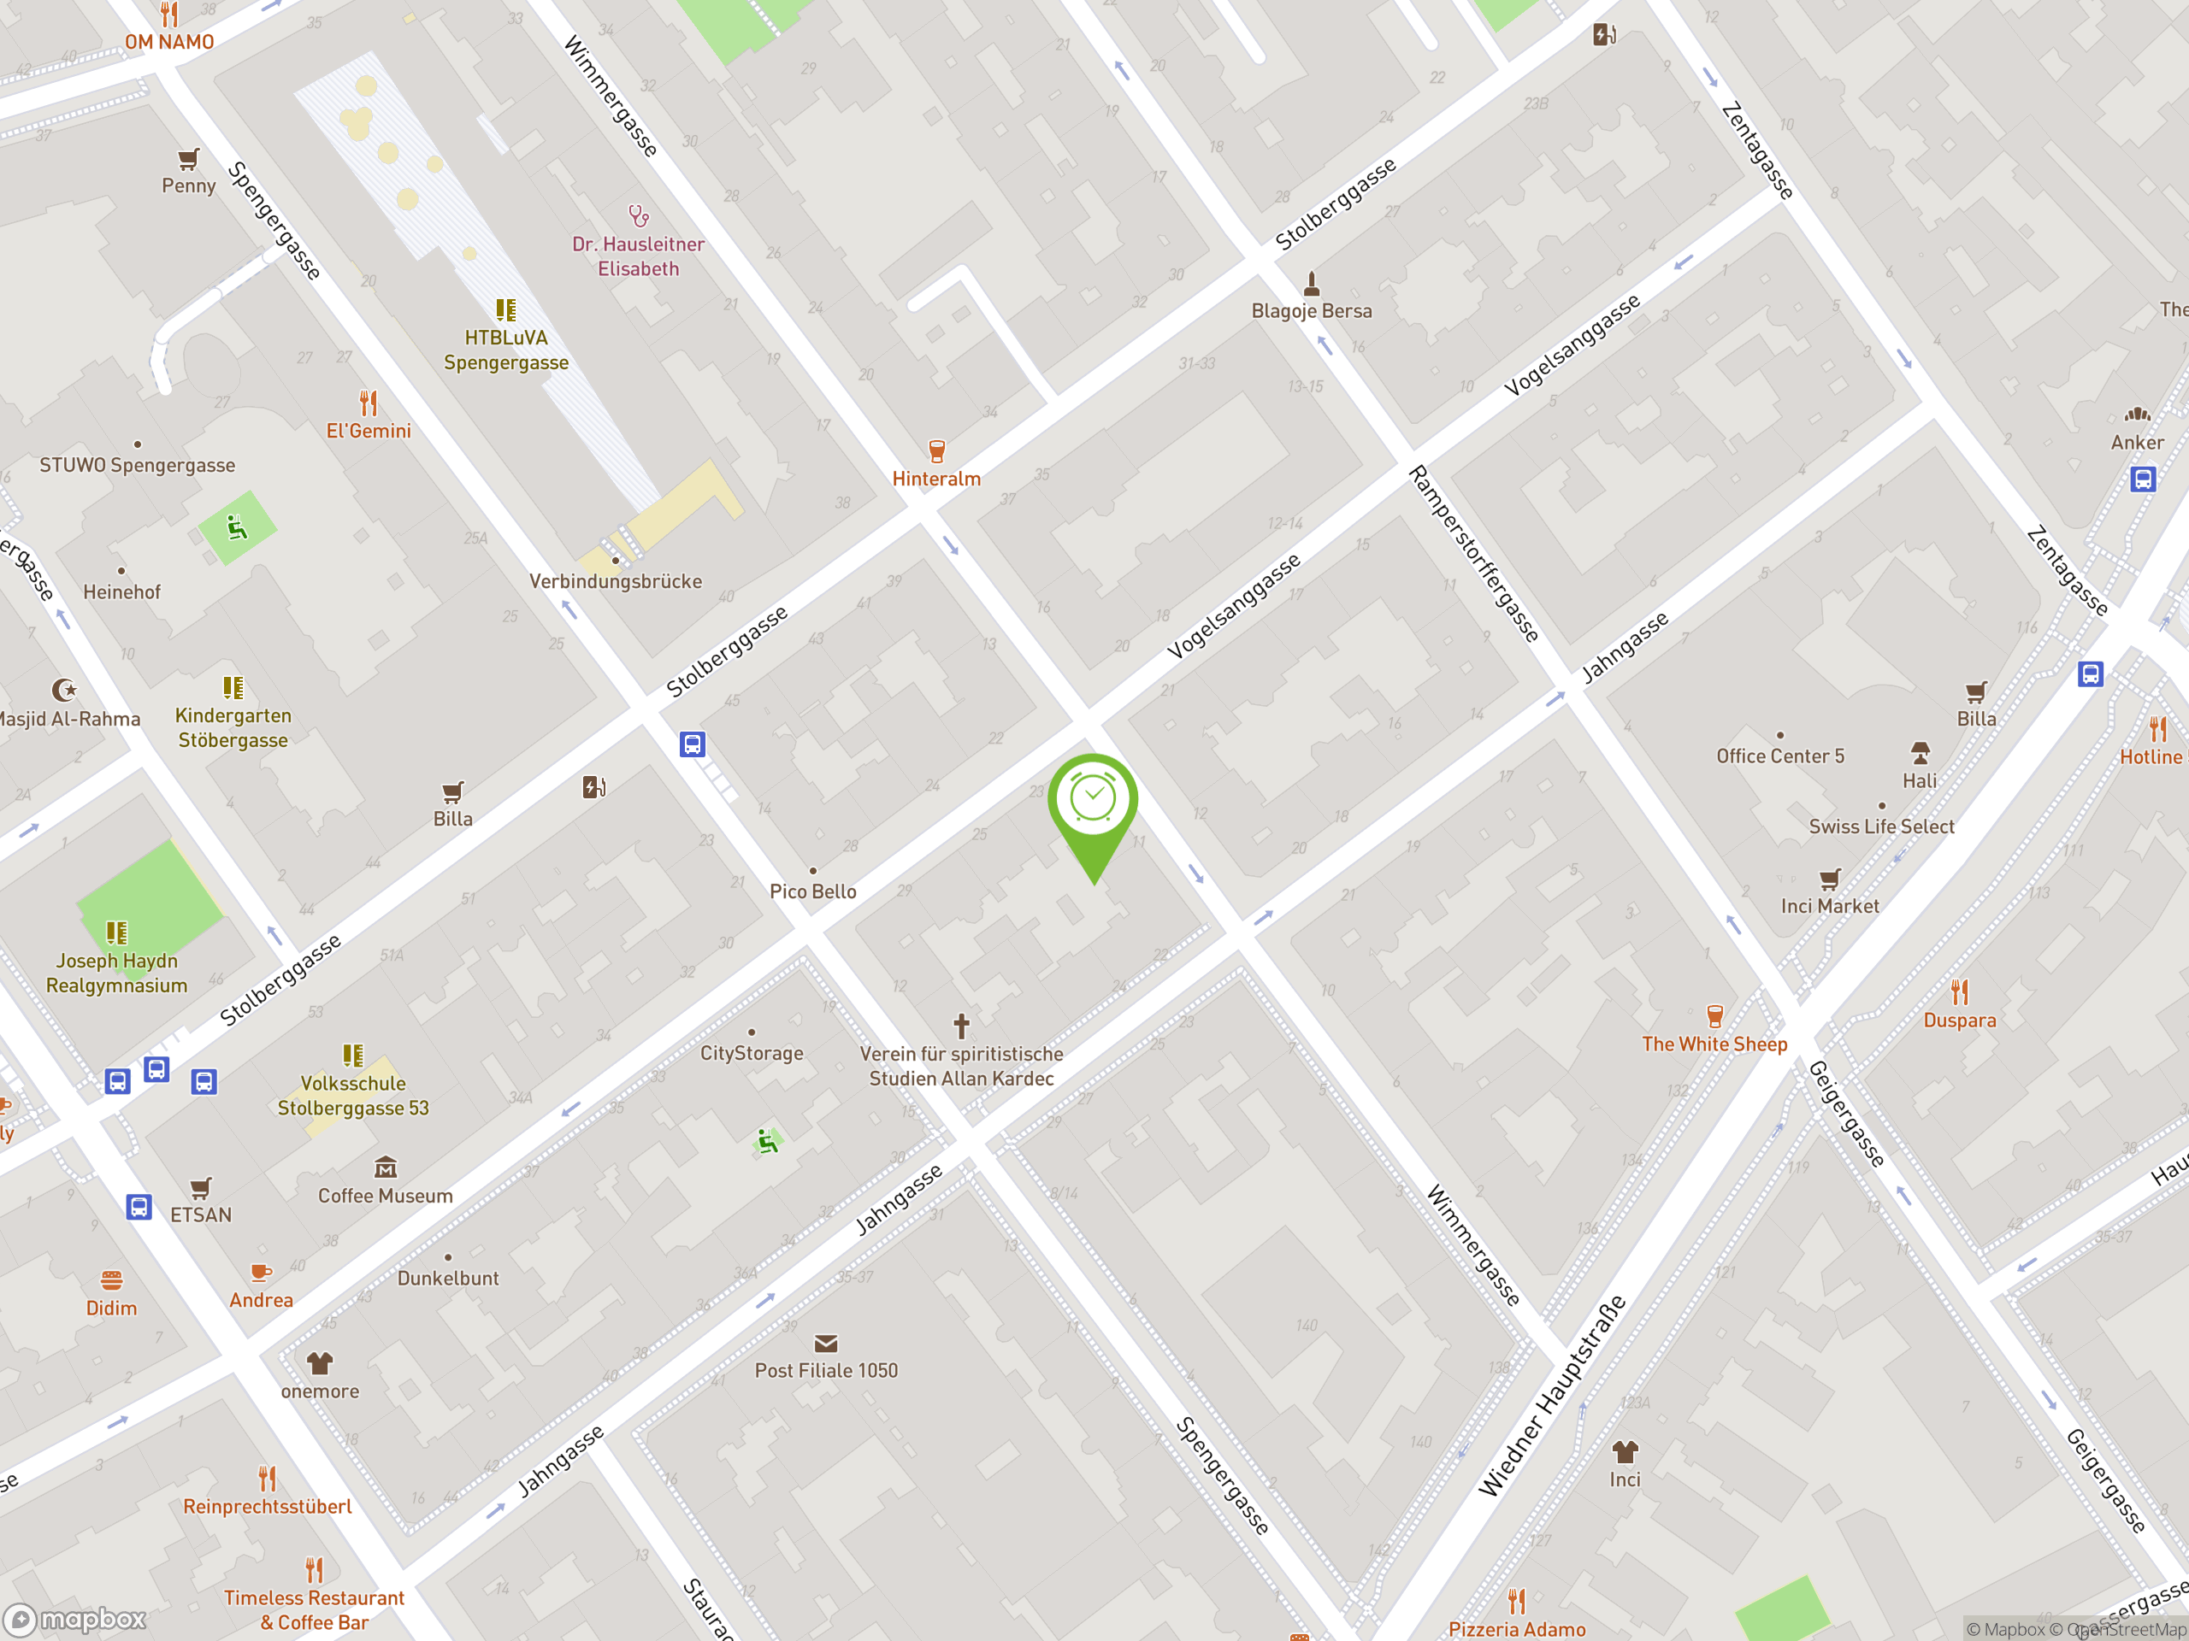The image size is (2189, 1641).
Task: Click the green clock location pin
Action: click(x=1093, y=801)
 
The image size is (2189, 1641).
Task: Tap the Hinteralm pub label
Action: click(x=936, y=479)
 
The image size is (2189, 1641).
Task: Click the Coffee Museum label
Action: click(x=385, y=1196)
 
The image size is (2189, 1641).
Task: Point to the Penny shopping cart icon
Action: click(x=188, y=159)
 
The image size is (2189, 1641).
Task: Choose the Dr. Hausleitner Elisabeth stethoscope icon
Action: click(x=638, y=215)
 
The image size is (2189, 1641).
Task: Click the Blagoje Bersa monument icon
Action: click(x=1311, y=284)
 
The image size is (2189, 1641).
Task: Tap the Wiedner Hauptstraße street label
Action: click(x=1552, y=1396)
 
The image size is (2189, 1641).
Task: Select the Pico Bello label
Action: click(x=812, y=891)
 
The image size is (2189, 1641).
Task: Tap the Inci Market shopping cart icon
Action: click(x=1830, y=879)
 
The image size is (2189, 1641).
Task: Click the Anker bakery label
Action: click(x=2137, y=443)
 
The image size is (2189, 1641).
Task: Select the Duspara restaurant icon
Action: click(x=1960, y=992)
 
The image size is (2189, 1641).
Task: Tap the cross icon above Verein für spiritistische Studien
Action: click(x=961, y=1026)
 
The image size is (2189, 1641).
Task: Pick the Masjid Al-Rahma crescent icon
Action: click(x=64, y=690)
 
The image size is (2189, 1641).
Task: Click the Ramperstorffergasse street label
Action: click(x=1473, y=554)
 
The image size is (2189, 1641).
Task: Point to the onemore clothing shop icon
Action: click(x=319, y=1364)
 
